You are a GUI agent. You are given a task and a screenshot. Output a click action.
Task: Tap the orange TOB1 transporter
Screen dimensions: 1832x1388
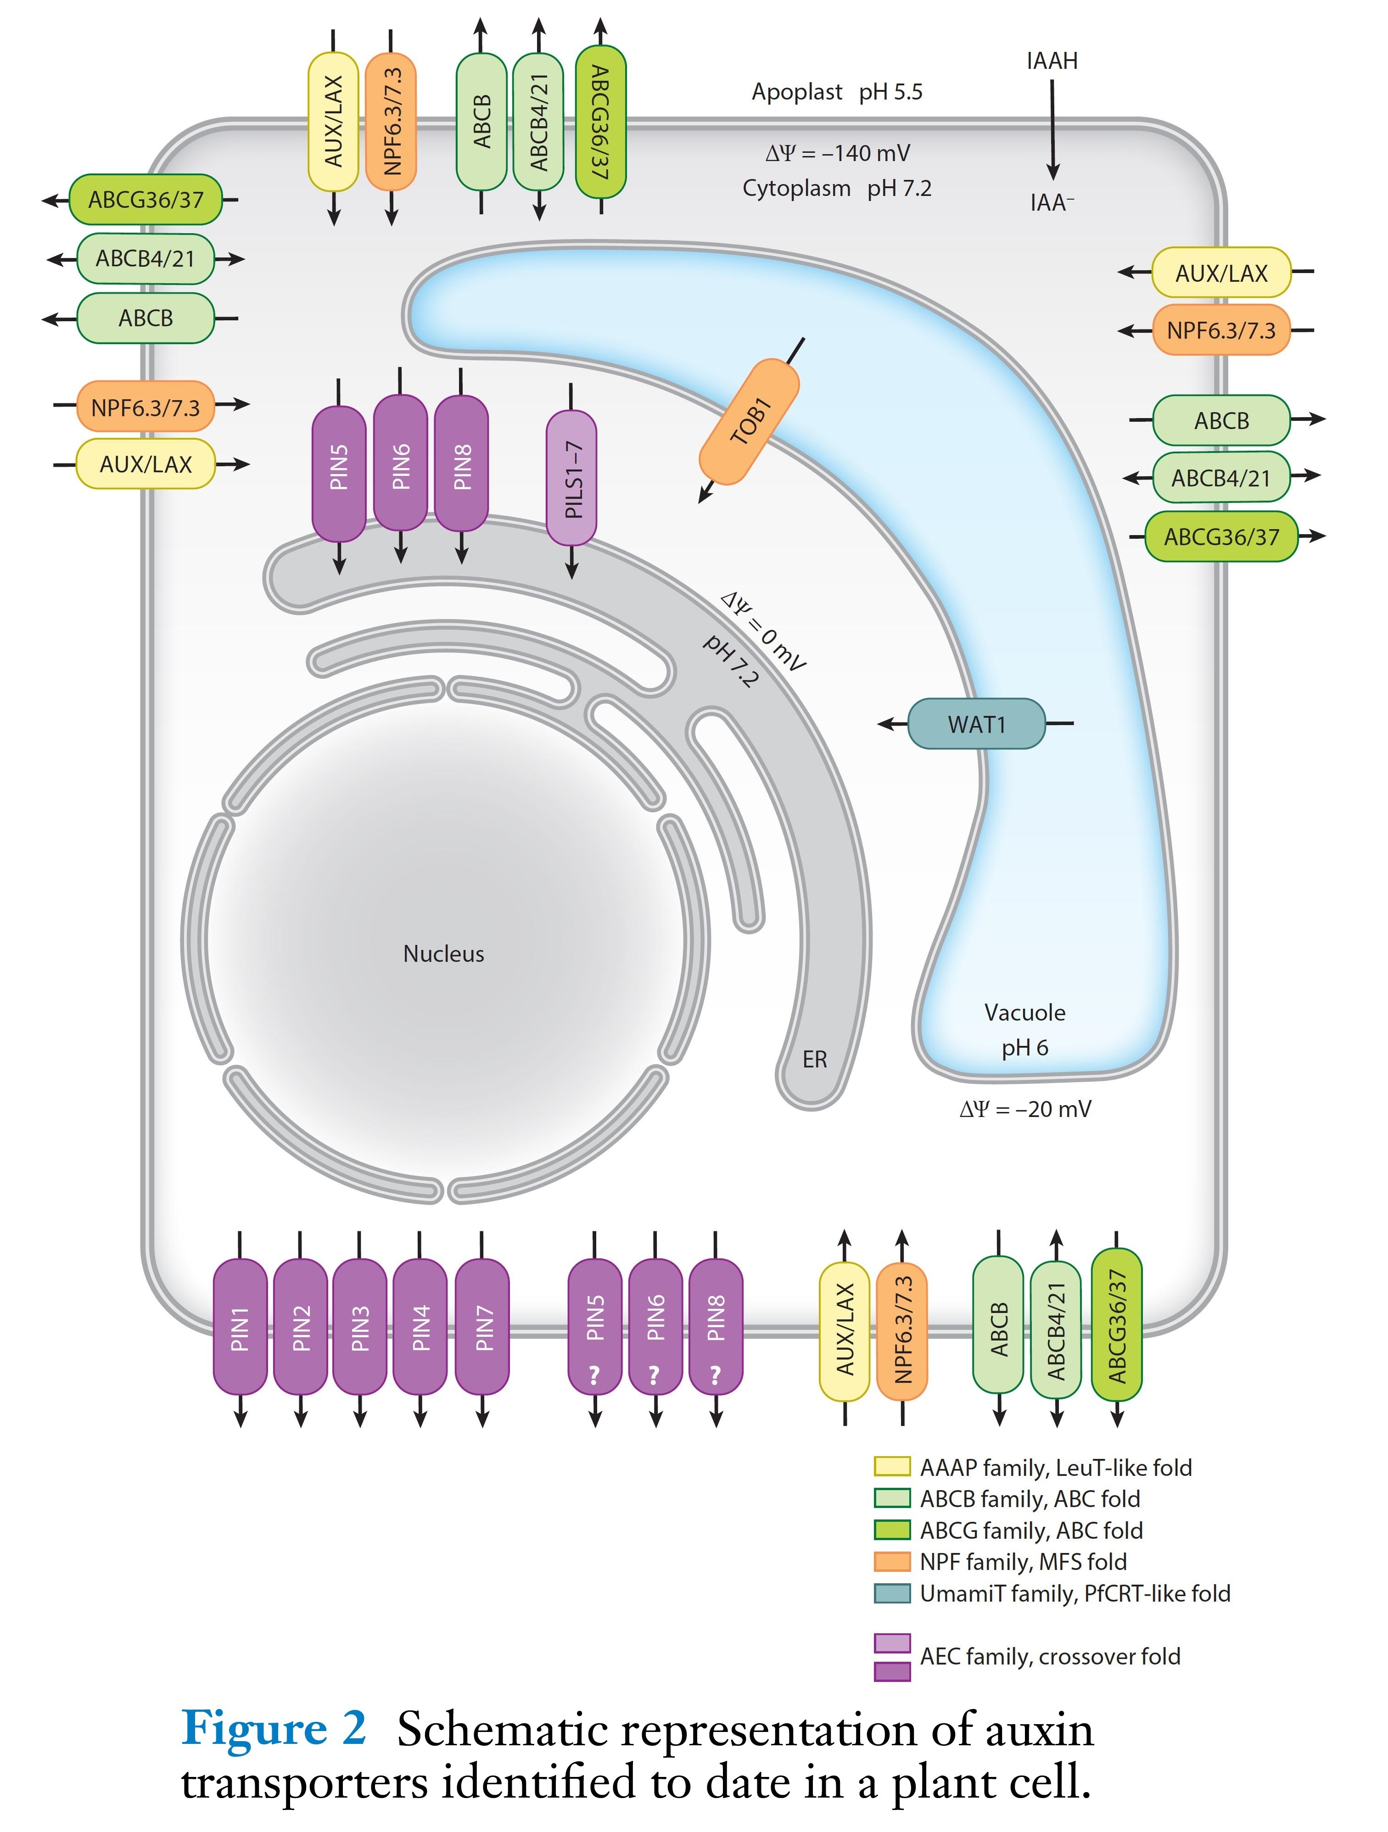pyautogui.click(x=750, y=422)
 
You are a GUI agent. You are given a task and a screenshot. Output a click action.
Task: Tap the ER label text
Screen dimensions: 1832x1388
pyautogui.click(x=814, y=1059)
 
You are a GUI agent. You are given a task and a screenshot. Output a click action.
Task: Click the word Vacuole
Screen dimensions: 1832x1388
pyautogui.click(x=1024, y=1012)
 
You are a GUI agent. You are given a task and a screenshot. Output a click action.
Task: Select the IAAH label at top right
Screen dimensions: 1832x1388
pyautogui.click(x=1052, y=61)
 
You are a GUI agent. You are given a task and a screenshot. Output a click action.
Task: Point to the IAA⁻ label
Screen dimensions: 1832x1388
pyautogui.click(x=1052, y=203)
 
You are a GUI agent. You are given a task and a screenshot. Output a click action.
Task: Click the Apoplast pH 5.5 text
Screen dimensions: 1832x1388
pyautogui.click(x=836, y=92)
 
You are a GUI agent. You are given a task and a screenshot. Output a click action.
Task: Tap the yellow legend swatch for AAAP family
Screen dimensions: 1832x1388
pyautogui.click(x=892, y=1467)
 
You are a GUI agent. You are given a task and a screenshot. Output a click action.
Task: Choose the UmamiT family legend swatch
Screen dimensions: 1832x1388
pyautogui.click(x=892, y=1592)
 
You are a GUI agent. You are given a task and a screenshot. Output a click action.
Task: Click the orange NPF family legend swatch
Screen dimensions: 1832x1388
pyautogui.click(x=892, y=1561)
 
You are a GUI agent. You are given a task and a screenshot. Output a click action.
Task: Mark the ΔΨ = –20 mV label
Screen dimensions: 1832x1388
pyautogui.click(x=1025, y=1109)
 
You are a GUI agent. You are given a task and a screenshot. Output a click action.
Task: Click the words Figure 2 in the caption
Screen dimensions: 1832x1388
pyautogui.click(x=273, y=1729)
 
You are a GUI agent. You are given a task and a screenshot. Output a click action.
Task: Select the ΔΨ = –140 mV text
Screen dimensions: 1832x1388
pyautogui.click(x=836, y=153)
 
